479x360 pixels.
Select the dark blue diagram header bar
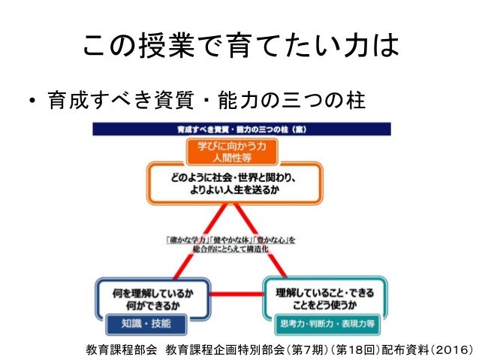tap(239, 129)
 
